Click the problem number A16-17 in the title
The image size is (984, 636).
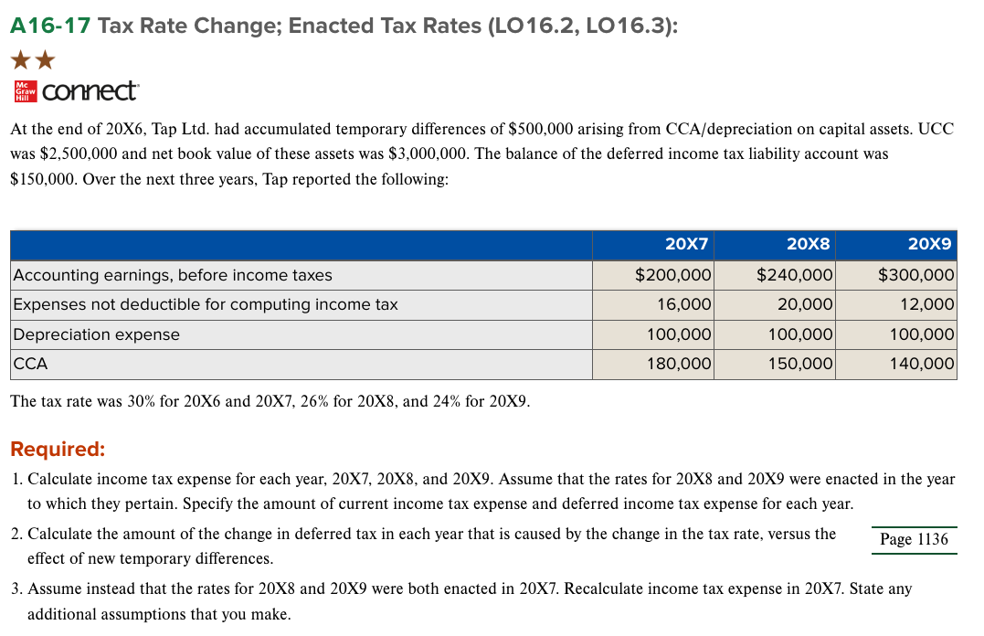(x=49, y=26)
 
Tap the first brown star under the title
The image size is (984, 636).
(x=20, y=61)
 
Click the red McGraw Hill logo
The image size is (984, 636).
(x=25, y=91)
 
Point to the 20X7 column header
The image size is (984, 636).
(x=687, y=244)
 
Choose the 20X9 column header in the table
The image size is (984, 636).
(x=930, y=244)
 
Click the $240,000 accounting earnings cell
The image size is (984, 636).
(x=794, y=275)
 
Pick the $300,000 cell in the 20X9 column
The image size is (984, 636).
(x=915, y=275)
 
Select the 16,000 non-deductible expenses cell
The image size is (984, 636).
(x=685, y=304)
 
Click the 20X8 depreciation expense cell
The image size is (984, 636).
(x=799, y=334)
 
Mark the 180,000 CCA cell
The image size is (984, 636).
(x=680, y=364)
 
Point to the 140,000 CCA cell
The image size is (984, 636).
(x=922, y=364)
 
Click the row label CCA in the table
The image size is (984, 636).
(x=30, y=364)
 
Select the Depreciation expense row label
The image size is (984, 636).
(x=96, y=334)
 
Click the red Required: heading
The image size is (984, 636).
(x=58, y=450)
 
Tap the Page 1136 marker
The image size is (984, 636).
(x=914, y=539)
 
